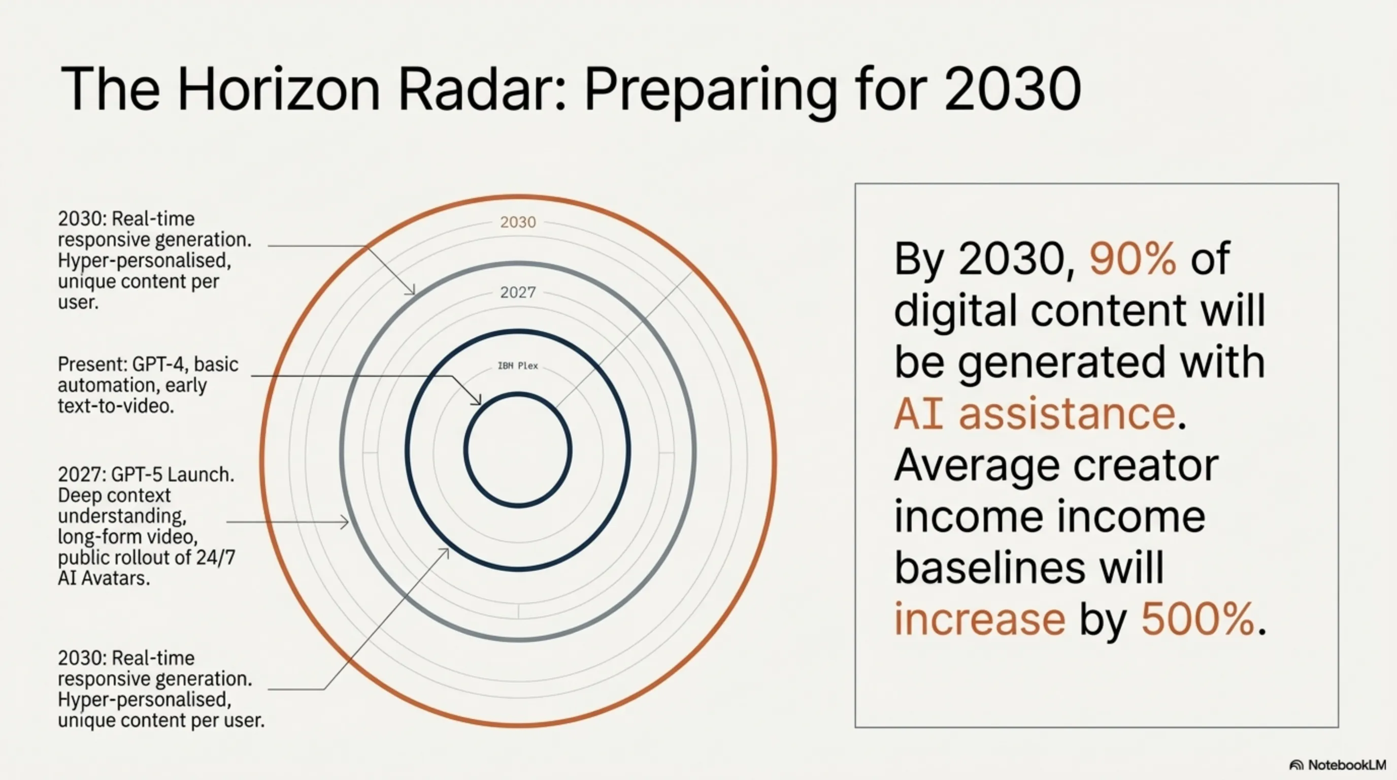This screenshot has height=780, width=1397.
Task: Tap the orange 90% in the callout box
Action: pos(1133,259)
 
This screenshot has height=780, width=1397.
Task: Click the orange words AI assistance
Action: pos(1035,414)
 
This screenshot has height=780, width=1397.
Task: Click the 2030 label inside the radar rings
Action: pos(518,222)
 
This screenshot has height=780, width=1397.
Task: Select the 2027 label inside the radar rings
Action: pos(518,293)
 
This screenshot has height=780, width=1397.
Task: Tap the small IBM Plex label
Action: pos(518,366)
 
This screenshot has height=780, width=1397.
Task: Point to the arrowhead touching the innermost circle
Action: pos(477,400)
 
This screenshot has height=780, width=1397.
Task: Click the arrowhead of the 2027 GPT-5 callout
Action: pos(345,523)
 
